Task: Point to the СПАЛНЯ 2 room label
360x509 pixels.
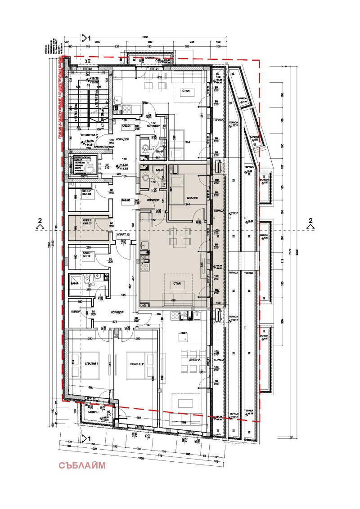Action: (x=136, y=363)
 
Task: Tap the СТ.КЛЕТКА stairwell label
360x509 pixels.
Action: (x=90, y=134)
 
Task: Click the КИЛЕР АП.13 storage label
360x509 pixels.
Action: (x=87, y=255)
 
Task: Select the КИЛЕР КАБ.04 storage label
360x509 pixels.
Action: (x=87, y=193)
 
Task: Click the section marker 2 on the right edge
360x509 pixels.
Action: (x=310, y=220)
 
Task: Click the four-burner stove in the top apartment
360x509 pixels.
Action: (x=126, y=108)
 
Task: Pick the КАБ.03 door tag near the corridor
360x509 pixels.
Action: (x=126, y=200)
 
